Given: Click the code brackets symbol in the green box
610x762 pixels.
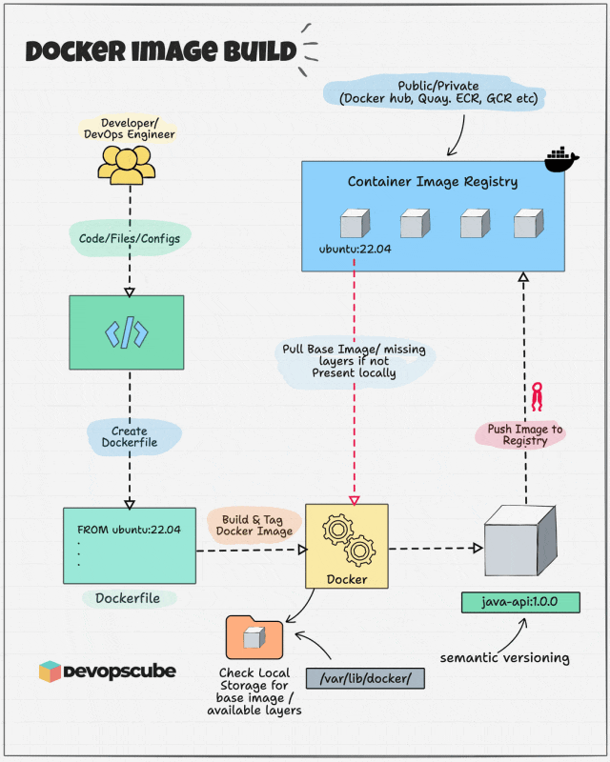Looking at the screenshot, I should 127,332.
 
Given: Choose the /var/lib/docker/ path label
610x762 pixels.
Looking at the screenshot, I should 364,677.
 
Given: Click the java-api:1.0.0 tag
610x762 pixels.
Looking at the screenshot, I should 519,604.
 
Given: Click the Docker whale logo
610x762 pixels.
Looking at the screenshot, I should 560,159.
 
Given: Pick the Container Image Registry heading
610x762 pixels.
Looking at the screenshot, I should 432,182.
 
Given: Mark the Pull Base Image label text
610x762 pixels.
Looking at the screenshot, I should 354,360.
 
